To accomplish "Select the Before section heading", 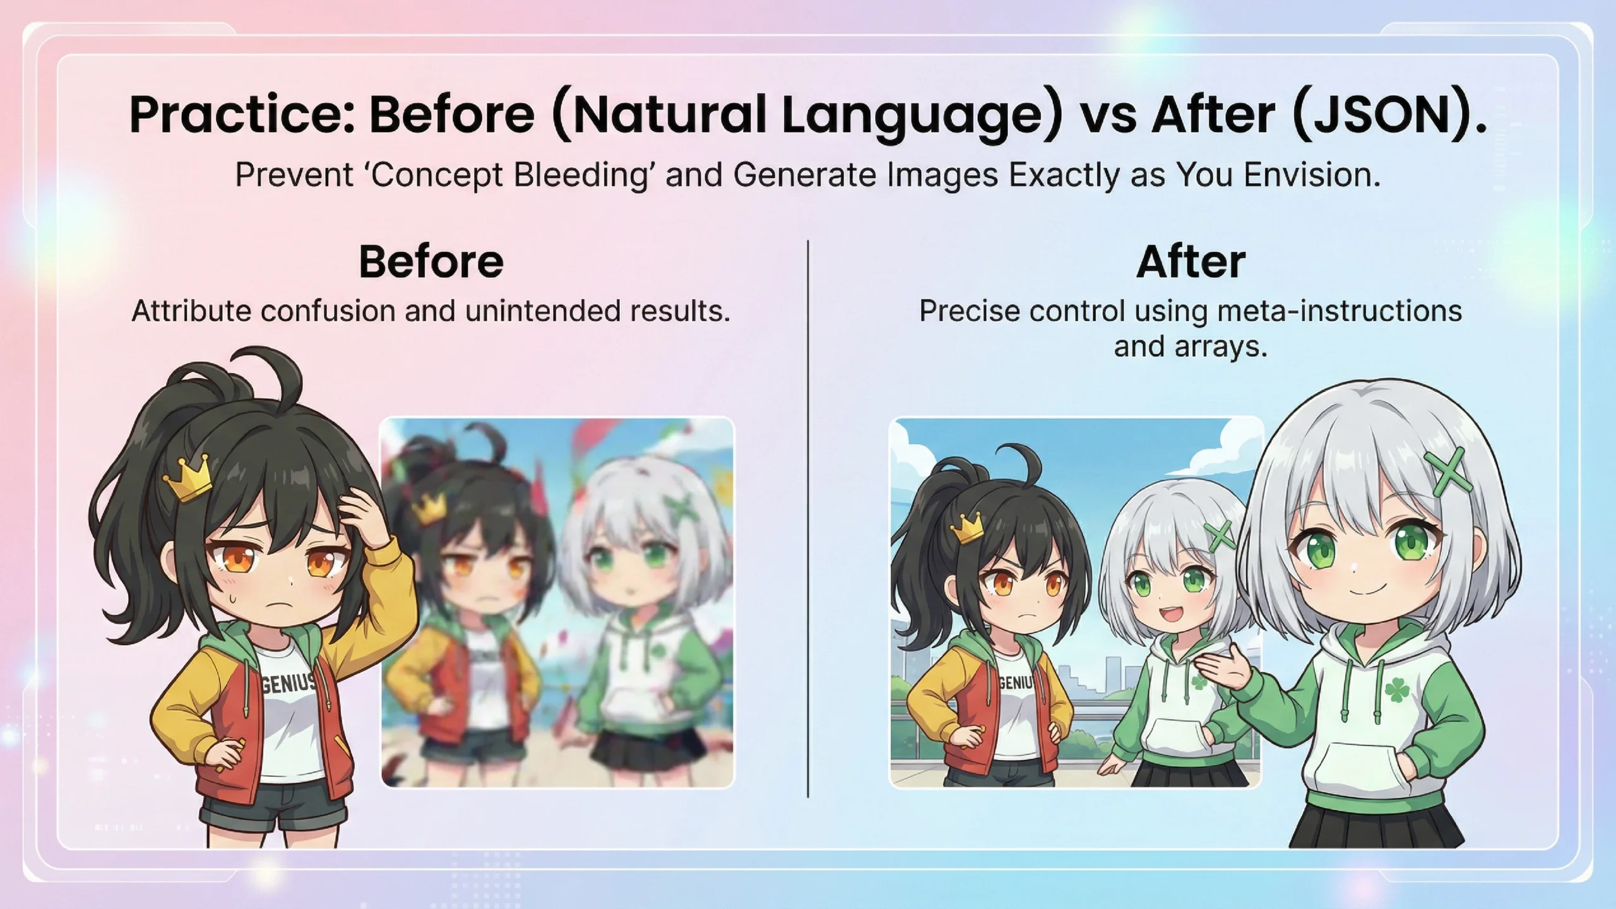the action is [x=431, y=261].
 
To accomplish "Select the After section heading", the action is [x=1191, y=261].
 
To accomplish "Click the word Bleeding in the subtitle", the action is [x=581, y=175].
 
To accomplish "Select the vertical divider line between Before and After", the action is [x=808, y=519].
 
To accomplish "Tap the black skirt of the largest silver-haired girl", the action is [x=1376, y=827].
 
